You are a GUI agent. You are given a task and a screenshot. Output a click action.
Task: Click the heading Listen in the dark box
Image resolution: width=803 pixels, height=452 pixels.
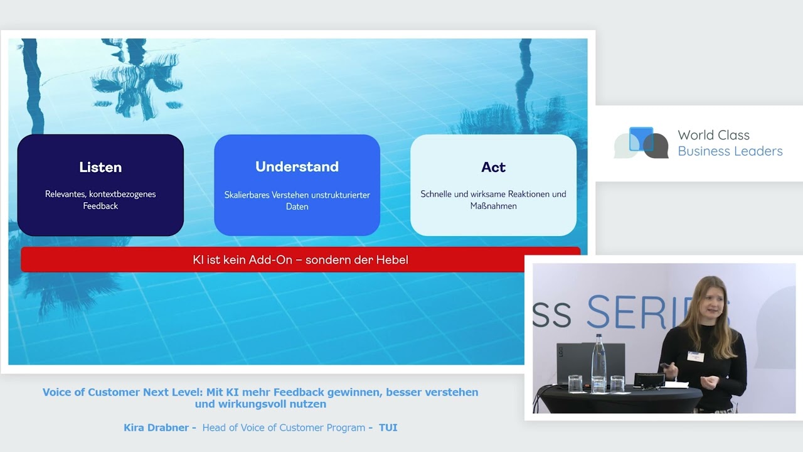pyautogui.click(x=100, y=167)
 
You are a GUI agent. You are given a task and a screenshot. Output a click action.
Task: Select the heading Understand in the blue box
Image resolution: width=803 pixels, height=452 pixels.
pyautogui.click(x=297, y=166)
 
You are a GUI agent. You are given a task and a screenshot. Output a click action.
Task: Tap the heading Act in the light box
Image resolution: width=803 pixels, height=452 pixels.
pyautogui.click(x=493, y=167)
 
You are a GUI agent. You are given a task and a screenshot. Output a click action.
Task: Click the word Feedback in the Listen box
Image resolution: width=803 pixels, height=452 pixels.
pyautogui.click(x=100, y=206)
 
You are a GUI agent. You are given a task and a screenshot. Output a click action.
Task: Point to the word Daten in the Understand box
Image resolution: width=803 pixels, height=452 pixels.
pyautogui.click(x=297, y=207)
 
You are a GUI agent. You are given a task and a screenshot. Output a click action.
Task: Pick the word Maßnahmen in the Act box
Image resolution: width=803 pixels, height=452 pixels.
pyautogui.click(x=493, y=206)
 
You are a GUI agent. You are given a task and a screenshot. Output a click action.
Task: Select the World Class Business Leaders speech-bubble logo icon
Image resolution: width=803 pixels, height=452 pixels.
pyautogui.click(x=641, y=143)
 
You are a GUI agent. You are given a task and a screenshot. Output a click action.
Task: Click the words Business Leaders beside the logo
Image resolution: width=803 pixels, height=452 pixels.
pyautogui.click(x=730, y=151)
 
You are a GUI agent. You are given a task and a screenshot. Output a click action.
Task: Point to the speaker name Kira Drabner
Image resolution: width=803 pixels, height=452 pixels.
pyautogui.click(x=156, y=428)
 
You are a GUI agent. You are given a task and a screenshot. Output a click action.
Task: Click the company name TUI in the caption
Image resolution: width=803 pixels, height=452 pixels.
pyautogui.click(x=388, y=428)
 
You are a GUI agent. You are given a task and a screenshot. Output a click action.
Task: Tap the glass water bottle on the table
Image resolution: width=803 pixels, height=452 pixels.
pyautogui.click(x=598, y=362)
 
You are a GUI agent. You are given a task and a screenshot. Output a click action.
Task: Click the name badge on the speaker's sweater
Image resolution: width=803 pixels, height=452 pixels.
pyautogui.click(x=696, y=356)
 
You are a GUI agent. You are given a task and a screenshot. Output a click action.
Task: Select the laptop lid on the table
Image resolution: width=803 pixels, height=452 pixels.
pyautogui.click(x=591, y=363)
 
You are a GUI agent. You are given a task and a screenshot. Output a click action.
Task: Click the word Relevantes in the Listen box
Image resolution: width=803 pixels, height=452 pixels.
pyautogui.click(x=66, y=194)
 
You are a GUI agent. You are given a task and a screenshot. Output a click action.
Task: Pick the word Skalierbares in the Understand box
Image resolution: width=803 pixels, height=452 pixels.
pyautogui.click(x=247, y=195)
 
